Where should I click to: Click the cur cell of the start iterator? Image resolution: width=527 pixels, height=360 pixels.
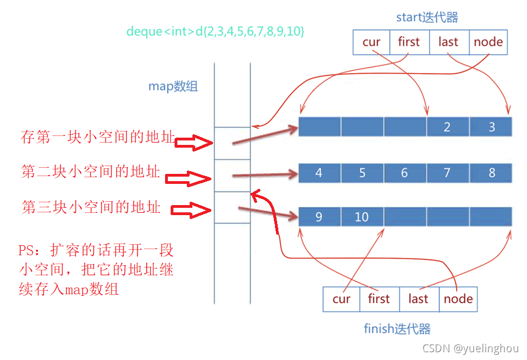372,42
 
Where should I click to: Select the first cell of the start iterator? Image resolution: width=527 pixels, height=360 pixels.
409,42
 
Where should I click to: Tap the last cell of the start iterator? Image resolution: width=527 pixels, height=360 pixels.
448,42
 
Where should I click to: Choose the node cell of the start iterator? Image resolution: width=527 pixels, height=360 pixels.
488,42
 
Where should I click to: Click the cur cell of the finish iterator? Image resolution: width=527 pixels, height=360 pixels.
341,299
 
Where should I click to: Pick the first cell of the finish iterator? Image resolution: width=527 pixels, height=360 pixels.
379,299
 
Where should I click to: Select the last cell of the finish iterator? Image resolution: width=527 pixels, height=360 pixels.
418,299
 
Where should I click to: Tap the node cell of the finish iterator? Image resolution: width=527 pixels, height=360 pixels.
458,299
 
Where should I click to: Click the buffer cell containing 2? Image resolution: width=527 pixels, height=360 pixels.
447,127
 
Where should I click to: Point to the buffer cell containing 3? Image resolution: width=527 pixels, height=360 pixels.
491,127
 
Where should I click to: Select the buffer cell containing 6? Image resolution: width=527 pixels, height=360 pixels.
404,173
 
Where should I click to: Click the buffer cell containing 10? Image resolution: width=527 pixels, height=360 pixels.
362,217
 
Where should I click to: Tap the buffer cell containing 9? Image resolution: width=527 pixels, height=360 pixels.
319,217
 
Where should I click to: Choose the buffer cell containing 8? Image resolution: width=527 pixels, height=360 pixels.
491,173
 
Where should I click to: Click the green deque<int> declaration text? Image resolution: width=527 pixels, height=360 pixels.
215,31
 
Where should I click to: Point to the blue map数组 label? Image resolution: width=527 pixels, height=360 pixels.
173,86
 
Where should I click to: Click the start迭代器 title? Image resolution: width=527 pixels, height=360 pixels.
427,17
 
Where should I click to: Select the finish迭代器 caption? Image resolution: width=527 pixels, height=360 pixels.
397,329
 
